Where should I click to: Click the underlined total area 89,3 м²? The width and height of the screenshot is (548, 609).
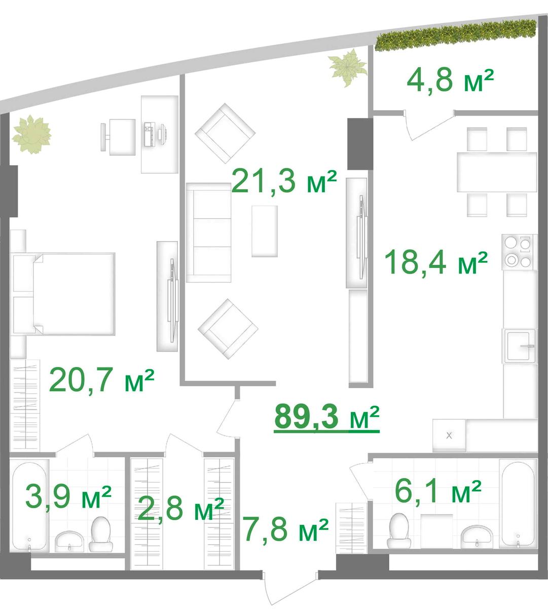coord(326,418)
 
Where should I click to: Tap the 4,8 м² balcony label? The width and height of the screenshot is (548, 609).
coord(450,81)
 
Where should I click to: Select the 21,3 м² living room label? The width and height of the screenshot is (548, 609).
coord(284,182)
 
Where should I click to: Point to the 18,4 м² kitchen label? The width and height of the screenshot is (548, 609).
coord(436,262)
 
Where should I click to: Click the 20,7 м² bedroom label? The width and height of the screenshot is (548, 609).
coord(101,380)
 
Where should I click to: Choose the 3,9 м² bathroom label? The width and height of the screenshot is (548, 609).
coord(68,497)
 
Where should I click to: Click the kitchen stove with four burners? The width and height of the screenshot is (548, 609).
coord(520,252)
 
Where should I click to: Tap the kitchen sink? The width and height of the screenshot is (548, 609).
coord(520,346)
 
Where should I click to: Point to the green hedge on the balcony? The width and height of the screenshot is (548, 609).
coord(456,35)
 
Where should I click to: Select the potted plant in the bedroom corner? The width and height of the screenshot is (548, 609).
coord(31,134)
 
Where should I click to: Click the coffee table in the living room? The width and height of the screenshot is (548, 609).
coord(265,231)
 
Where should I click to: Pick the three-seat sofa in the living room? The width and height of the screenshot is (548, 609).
coord(209,232)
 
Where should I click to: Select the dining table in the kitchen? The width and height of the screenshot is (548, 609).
coord(497,172)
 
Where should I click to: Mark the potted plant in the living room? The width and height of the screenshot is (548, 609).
coord(348,67)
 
